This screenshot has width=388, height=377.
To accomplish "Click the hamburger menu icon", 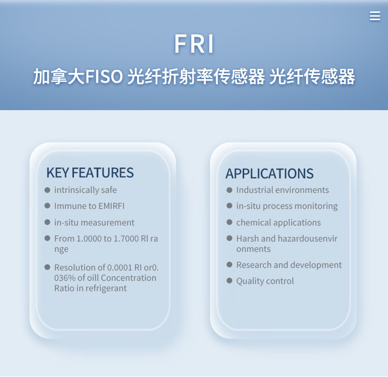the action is coord(375,16).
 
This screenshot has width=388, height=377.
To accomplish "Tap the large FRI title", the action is coord(194,44).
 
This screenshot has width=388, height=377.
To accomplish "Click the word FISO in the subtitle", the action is coord(104,76).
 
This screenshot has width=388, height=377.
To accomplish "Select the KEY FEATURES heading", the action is coord(90,173).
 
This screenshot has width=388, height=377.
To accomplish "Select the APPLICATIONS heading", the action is coord(270,173).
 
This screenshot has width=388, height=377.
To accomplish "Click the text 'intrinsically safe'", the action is coord(85,190).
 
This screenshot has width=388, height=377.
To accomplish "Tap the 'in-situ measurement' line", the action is coord(94,222).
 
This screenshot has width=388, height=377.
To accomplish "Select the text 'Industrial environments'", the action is coord(282,190).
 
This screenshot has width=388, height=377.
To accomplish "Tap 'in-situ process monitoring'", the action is coord(287,206).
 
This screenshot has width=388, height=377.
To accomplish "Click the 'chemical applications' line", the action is coord(278,223).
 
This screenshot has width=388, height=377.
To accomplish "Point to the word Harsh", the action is coord(248,238).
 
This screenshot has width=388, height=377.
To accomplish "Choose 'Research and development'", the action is coord(289,265).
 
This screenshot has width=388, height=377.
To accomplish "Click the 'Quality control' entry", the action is coord(265,281).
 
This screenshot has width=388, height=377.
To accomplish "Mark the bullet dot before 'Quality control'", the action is coord(229,280).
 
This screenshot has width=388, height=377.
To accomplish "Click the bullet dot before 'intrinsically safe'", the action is coord(47,190).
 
